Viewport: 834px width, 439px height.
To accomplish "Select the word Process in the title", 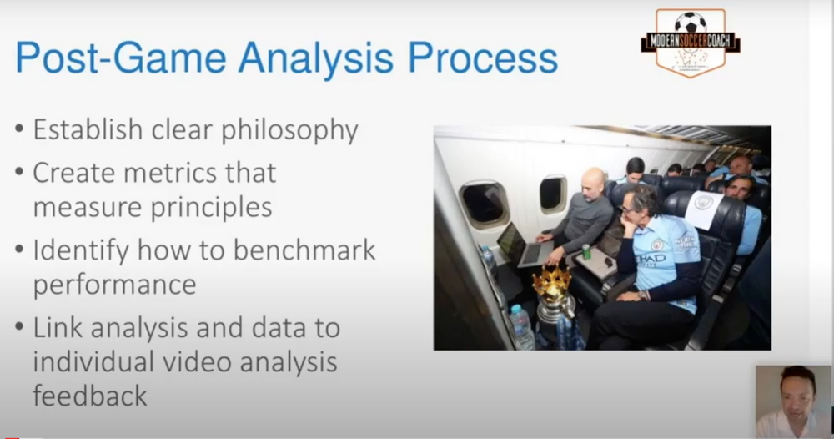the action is click(483, 58).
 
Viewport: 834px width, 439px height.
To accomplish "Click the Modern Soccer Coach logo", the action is click(691, 43).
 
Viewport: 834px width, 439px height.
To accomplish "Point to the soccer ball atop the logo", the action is click(691, 23).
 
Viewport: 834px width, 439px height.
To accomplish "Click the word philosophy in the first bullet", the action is click(290, 130).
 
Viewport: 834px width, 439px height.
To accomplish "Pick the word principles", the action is click(212, 208).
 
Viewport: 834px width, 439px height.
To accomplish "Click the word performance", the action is click(114, 285).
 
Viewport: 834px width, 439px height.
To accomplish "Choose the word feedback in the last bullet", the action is click(90, 396).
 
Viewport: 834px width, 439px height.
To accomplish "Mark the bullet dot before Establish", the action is click(20, 129).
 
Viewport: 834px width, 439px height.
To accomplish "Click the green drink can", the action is click(586, 252).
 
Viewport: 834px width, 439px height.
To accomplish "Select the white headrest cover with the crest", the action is click(704, 210).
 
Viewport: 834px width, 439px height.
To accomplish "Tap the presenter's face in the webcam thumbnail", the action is click(796, 396).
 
